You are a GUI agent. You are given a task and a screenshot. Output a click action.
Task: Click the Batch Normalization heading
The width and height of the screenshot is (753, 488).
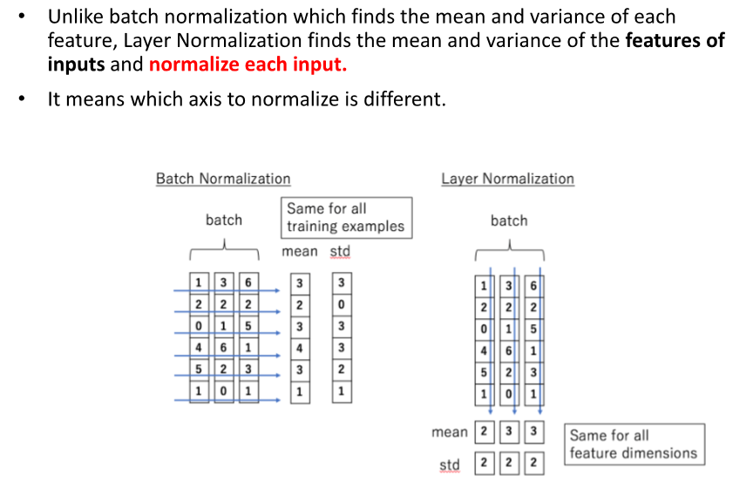click(x=223, y=179)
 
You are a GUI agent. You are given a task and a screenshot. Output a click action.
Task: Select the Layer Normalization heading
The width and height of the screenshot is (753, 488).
click(x=507, y=179)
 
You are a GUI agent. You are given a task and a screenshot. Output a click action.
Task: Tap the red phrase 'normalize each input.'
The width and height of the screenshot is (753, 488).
click(x=248, y=64)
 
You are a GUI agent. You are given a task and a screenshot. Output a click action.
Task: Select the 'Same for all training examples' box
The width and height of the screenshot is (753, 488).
click(x=346, y=218)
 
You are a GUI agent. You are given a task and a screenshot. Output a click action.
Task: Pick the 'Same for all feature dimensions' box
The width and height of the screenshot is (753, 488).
click(x=634, y=444)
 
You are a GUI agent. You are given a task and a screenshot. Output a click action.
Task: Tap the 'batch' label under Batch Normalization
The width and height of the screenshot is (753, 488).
click(x=224, y=220)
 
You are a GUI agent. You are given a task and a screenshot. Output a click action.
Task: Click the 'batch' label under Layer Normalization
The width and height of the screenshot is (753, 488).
click(x=509, y=221)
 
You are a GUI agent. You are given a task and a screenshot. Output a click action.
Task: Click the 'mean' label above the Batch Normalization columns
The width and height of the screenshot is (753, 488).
click(x=300, y=252)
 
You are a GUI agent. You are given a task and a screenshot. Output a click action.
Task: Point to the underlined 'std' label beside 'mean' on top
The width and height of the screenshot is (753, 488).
click(x=340, y=252)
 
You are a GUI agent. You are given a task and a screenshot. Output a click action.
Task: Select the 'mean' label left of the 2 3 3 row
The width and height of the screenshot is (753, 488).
click(x=450, y=432)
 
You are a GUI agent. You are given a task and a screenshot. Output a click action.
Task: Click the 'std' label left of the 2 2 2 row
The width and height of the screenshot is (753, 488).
click(x=450, y=464)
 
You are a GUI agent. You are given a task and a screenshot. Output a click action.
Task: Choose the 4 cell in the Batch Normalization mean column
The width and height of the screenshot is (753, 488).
click(x=300, y=348)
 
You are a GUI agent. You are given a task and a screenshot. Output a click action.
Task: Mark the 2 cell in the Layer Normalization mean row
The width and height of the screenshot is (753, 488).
click(x=483, y=432)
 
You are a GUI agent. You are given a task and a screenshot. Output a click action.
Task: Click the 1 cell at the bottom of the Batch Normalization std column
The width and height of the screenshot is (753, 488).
click(x=342, y=391)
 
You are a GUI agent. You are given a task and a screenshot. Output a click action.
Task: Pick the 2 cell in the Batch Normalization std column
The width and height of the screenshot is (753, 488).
click(x=342, y=369)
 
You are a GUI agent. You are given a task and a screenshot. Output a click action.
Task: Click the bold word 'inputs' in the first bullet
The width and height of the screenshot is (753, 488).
click(x=76, y=64)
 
